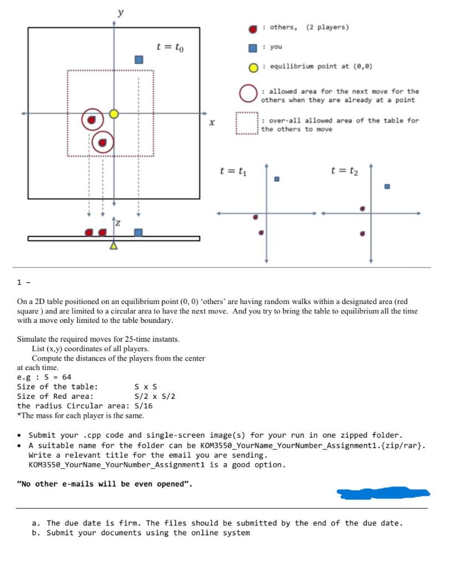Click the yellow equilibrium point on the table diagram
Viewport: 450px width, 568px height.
pyautogui.click(x=114, y=114)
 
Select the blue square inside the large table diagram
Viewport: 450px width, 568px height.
pyautogui.click(x=139, y=59)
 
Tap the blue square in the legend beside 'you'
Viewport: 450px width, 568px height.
pyautogui.click(x=253, y=48)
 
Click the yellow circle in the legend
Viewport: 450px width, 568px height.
pyautogui.click(x=253, y=67)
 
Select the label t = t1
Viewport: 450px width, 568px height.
pyautogui.click(x=232, y=171)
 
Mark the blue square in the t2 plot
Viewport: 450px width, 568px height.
pyautogui.click(x=387, y=186)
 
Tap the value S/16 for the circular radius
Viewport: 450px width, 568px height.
pyautogui.click(x=144, y=405)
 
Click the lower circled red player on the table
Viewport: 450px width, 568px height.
pyautogui.click(x=102, y=143)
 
